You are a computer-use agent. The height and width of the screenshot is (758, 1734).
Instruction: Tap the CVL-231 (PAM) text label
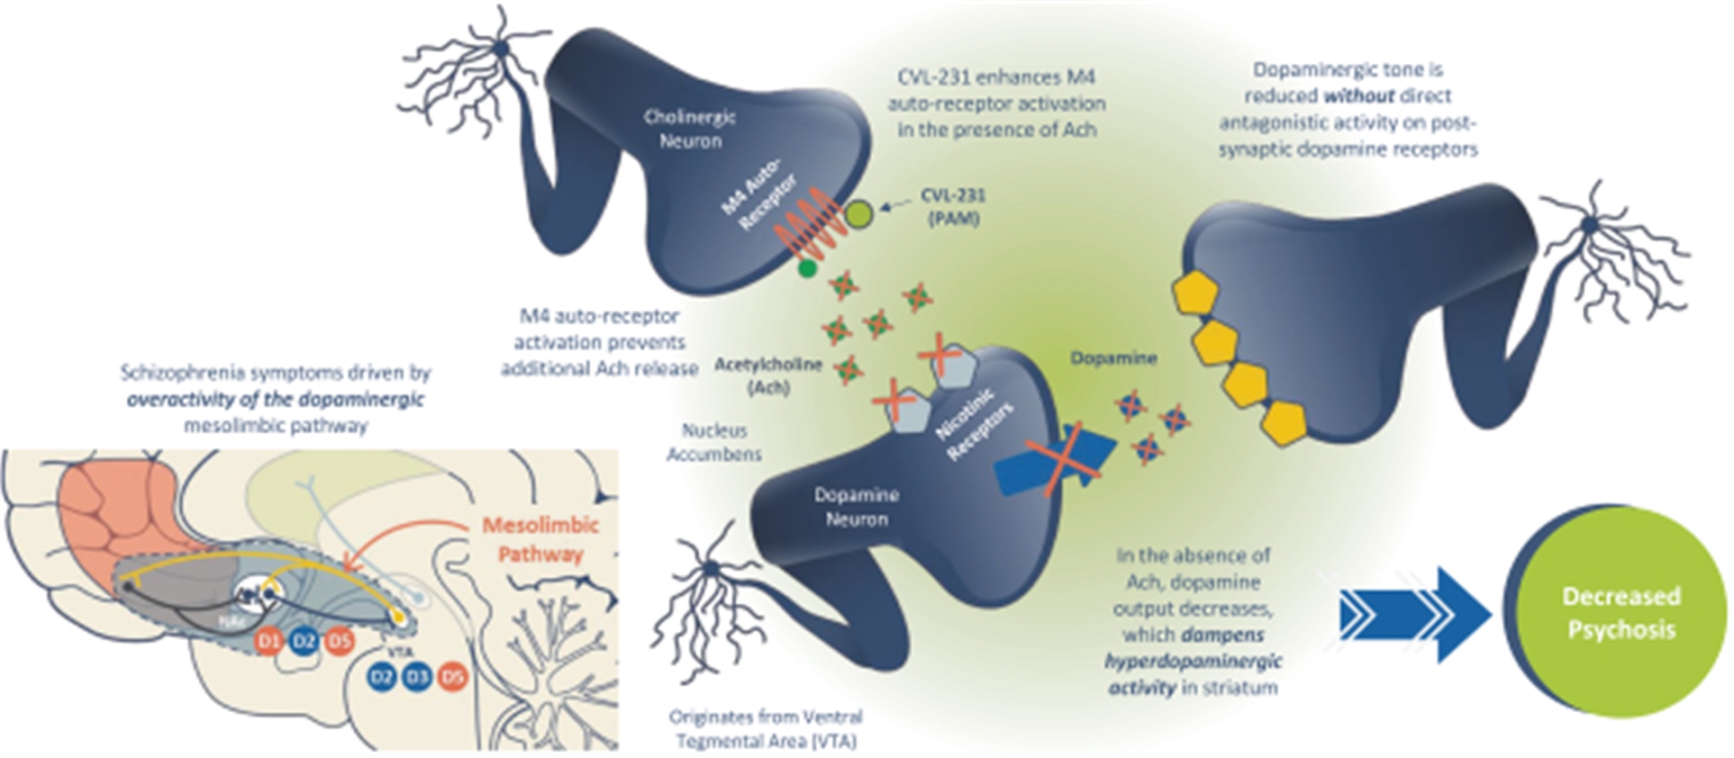[x=952, y=206]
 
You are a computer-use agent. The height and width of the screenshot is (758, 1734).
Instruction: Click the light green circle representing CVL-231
[x=859, y=213]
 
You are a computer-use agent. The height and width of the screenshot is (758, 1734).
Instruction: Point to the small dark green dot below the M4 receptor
[x=807, y=267]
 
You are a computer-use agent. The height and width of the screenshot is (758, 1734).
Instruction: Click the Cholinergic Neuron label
[x=690, y=129]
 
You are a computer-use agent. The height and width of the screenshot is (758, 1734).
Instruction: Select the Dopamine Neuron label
[x=856, y=507]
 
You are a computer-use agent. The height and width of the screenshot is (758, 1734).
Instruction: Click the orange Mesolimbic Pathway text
[x=540, y=538]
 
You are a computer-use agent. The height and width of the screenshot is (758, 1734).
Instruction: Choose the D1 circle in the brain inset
[x=268, y=641]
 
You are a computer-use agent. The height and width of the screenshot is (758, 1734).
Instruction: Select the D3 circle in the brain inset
[x=417, y=676]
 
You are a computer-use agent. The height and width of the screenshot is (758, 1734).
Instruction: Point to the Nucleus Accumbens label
[x=714, y=442]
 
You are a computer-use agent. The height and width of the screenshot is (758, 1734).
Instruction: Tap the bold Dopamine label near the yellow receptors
[x=1113, y=358]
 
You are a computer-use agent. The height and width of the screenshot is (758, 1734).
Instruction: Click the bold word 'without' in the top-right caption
[x=1359, y=95]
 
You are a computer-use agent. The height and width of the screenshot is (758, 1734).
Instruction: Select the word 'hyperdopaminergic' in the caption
[x=1193, y=661]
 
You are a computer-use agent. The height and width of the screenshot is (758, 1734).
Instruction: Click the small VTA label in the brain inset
[x=400, y=651]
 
